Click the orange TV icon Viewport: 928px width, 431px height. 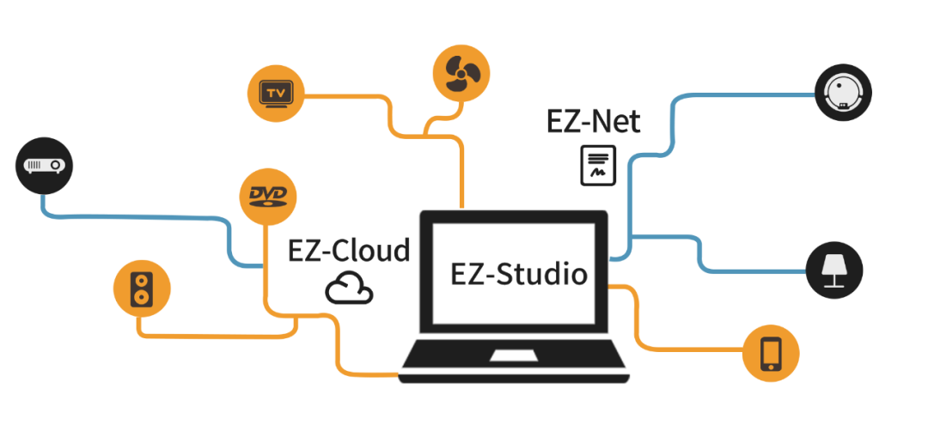[276, 93]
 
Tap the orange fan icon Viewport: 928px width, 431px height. [461, 73]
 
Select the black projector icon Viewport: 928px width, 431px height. [43, 166]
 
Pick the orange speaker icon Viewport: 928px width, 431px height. [141, 288]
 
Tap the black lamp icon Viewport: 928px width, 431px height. [834, 269]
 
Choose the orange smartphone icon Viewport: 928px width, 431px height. [771, 352]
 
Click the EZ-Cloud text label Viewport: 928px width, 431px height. [349, 251]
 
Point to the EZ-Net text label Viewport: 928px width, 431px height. [593, 122]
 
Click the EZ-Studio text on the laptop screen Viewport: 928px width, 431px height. [518, 275]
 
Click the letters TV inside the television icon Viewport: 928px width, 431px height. [275, 91]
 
